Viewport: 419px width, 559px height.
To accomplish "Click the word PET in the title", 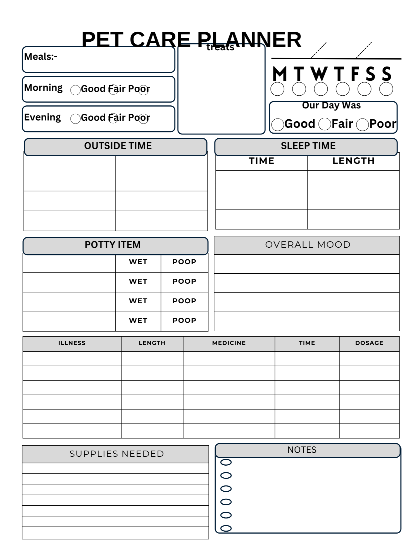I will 102,39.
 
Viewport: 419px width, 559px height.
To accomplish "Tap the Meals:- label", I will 41,57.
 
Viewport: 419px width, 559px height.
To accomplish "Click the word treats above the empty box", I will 220,48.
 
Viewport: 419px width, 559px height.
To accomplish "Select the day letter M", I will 280,74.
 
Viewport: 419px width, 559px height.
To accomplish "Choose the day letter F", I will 355,74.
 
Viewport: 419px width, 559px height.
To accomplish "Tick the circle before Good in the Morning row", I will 75,90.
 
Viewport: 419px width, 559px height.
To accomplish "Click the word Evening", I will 42,117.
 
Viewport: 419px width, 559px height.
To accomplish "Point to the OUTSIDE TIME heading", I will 118,146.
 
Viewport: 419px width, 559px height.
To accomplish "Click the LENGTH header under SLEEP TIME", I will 353,161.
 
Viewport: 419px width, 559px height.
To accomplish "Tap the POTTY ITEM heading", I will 113,245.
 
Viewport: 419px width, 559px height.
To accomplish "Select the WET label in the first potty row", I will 138,262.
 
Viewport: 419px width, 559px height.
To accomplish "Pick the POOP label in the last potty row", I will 184,321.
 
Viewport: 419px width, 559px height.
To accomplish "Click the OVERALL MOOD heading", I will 308,245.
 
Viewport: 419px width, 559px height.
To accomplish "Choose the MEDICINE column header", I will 229,343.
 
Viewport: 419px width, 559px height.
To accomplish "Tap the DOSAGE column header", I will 369,343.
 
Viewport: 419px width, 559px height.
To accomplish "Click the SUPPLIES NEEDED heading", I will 117,454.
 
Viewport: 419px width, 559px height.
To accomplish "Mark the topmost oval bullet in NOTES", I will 226,462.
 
